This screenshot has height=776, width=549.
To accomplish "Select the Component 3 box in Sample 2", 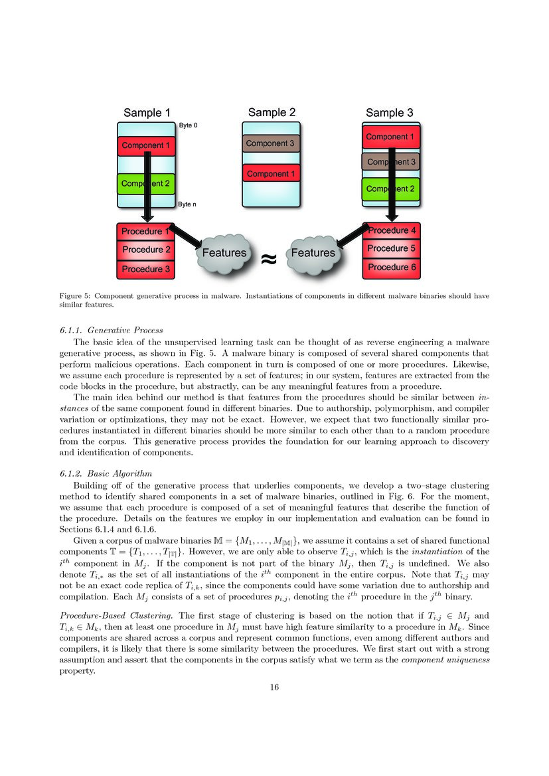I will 272,143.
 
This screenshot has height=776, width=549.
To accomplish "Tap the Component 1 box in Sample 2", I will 272,174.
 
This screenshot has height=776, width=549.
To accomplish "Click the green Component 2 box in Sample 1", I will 145,183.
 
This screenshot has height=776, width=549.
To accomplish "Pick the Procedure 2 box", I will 146,250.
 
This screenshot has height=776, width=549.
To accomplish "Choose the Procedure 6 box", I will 392,268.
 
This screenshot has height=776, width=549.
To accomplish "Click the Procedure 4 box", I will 392,230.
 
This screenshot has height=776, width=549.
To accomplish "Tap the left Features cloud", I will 224,253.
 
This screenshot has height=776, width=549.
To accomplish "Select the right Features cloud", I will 313,253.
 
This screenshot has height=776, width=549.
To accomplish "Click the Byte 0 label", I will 188,125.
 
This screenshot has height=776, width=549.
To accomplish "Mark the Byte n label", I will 187,205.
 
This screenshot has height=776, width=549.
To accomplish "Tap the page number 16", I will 274,686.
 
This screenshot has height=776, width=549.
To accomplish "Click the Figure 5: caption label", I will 76,297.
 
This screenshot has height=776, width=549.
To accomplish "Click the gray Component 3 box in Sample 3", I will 392,162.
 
